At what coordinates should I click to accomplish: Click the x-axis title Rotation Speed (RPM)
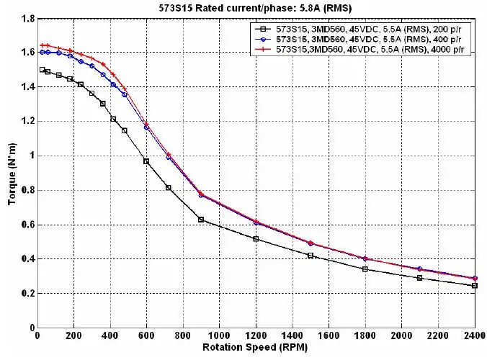[256, 346]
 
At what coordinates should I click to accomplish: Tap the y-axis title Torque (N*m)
[12, 171]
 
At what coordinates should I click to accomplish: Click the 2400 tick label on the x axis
[474, 335]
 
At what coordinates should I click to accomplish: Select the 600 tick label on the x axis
[146, 335]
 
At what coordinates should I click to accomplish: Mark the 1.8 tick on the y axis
[27, 18]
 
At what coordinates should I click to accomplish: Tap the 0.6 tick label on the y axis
[27, 225]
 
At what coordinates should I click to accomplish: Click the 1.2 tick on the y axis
[27, 121]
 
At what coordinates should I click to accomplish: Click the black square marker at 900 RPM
[201, 219]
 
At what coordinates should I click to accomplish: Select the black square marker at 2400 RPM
[474, 286]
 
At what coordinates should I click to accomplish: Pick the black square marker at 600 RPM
[146, 161]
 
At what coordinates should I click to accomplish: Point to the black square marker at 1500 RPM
[310, 256]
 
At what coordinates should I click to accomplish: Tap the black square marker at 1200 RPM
[256, 238]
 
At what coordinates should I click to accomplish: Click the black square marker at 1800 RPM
[365, 269]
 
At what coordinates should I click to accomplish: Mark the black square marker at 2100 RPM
[419, 278]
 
